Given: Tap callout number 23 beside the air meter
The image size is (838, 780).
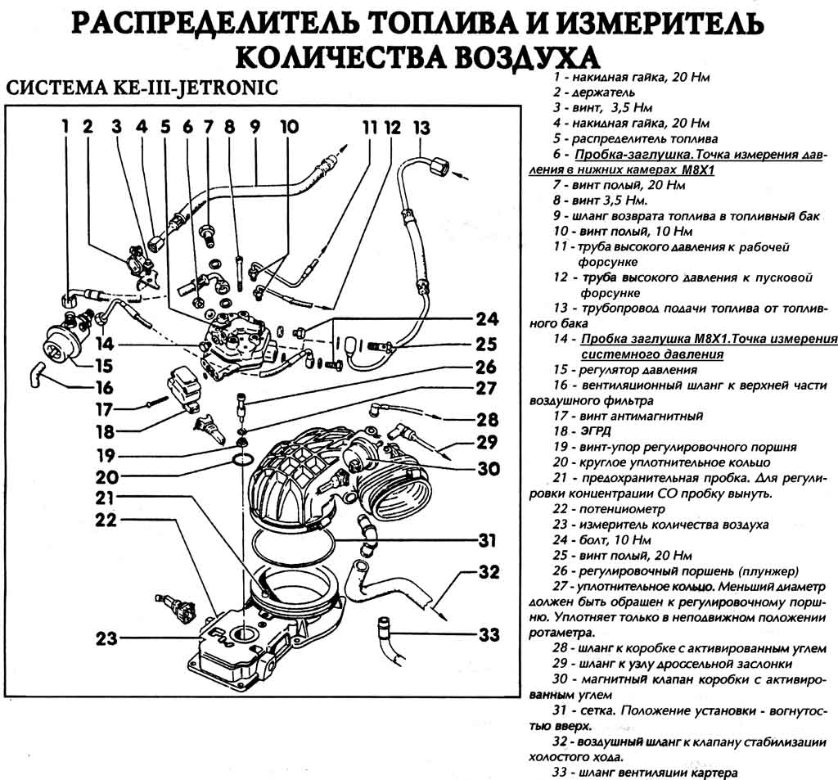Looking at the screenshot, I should (x=106, y=638).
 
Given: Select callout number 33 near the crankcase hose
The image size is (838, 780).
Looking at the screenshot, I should (x=489, y=634).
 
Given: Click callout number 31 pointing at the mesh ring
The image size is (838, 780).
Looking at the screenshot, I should (x=488, y=541).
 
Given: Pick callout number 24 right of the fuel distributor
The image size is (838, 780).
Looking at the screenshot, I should (x=488, y=319).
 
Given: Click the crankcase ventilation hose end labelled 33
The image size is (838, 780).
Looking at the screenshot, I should (x=382, y=629).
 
